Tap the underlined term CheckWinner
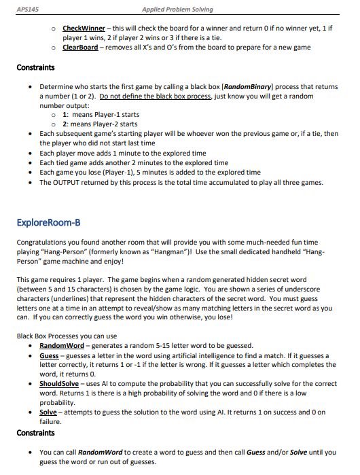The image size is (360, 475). [84, 28]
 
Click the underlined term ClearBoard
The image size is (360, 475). [81, 48]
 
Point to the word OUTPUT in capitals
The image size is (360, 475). [67, 182]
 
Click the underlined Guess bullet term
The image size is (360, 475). [49, 355]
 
